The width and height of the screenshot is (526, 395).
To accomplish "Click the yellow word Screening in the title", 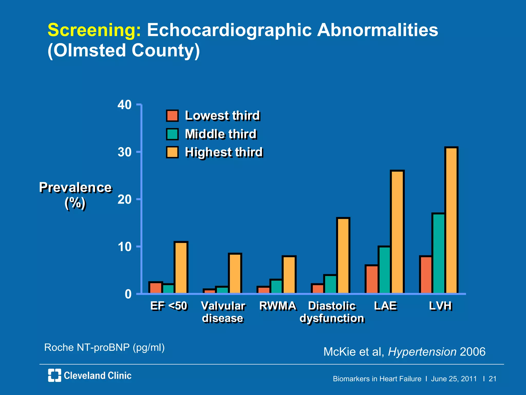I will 94,30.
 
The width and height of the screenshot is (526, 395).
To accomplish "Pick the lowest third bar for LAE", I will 371,279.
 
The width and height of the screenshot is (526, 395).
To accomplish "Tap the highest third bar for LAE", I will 397,232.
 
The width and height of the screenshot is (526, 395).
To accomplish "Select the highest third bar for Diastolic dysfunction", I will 343,256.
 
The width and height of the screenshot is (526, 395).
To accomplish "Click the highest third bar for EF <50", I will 181,267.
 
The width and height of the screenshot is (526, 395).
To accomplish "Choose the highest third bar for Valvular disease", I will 235,273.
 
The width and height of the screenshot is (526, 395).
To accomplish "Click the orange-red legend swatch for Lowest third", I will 172,116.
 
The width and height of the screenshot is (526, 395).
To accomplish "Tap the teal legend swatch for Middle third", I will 172,134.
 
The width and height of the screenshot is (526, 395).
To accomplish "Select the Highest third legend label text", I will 224,152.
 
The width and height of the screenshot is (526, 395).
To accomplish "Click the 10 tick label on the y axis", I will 125,247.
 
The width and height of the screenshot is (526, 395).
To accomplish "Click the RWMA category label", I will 278,306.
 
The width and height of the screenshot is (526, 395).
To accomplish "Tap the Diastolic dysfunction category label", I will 332,312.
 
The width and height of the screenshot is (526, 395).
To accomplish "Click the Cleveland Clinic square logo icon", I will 54,375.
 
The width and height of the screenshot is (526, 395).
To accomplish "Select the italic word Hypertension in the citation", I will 422,352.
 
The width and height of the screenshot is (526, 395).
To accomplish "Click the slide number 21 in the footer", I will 492,379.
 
